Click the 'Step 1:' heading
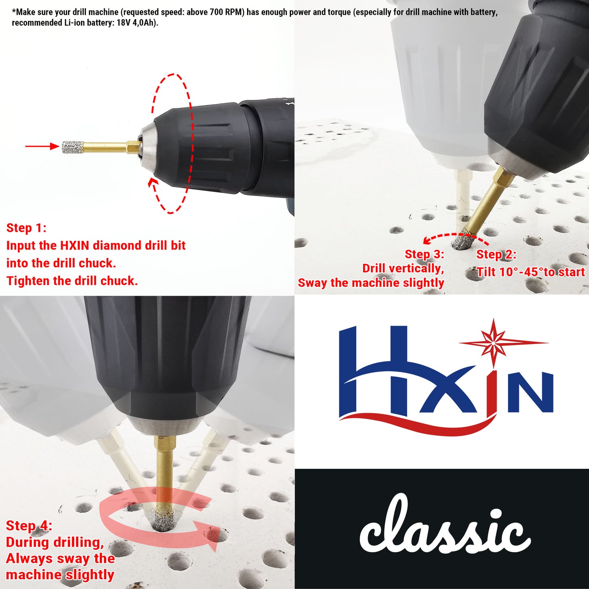coord(26,228)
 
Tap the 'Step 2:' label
coord(496,255)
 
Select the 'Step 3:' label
coord(424,254)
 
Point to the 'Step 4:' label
coord(29,526)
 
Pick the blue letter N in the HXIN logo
coord(530,392)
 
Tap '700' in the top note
coord(216,12)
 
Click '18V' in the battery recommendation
coord(124,23)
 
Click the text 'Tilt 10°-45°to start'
coord(531,272)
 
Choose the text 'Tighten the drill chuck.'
coord(72,281)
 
